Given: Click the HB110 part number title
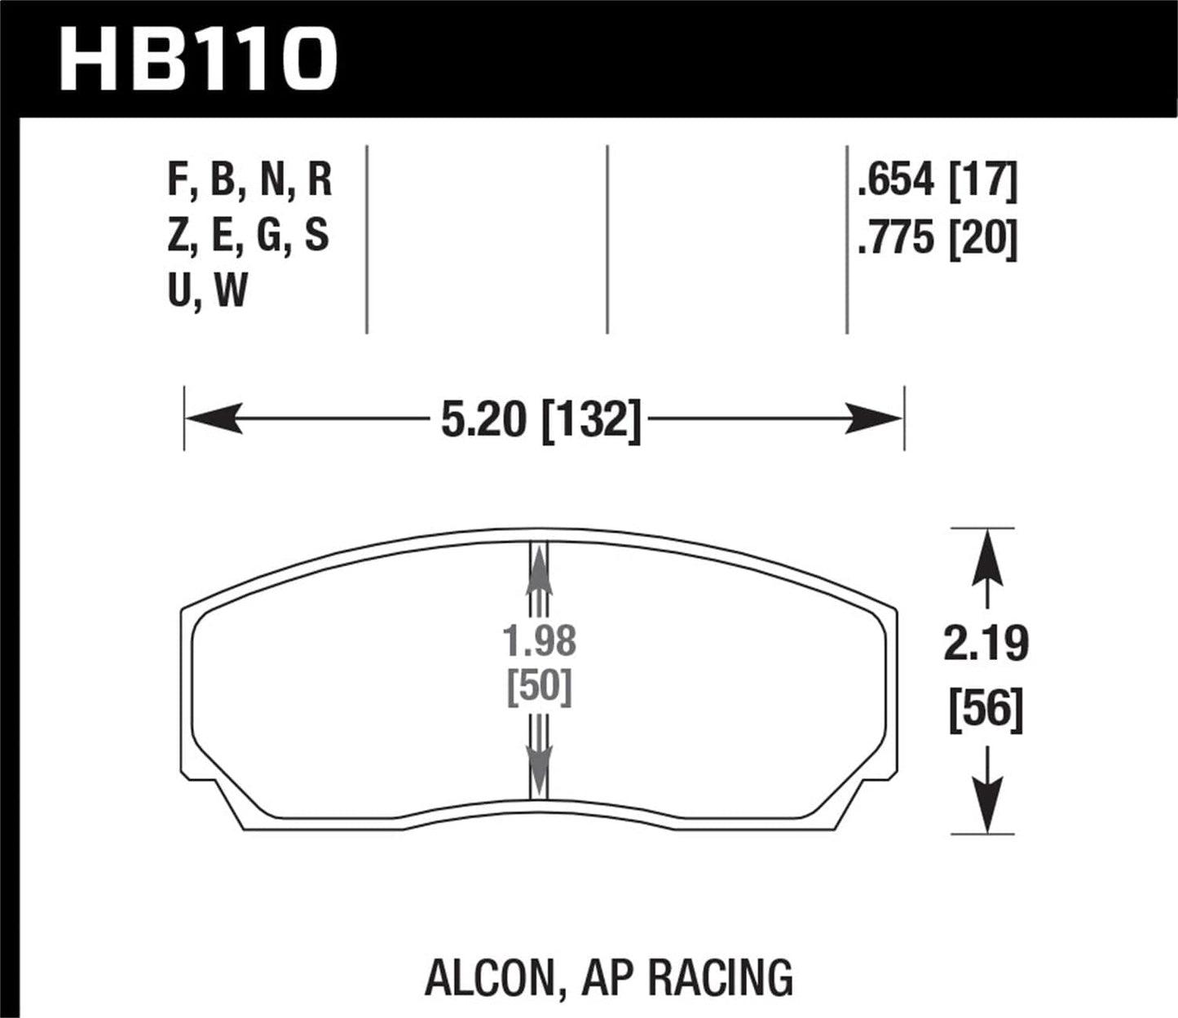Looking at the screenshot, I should (x=198, y=59).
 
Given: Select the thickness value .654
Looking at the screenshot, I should (x=895, y=180).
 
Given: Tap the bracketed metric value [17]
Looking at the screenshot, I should (x=984, y=180).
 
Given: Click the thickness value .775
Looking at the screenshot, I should (x=895, y=239).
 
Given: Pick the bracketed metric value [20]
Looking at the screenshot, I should (x=984, y=239).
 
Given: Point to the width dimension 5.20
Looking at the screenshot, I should (x=486, y=419).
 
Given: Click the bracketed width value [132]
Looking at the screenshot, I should (x=591, y=419).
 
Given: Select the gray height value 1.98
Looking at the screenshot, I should (x=540, y=641).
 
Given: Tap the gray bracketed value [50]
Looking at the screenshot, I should (x=540, y=687).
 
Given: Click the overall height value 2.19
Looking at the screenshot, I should (x=986, y=644).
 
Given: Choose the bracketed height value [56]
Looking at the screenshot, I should (x=986, y=710).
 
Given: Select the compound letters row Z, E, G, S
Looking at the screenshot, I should (x=249, y=236).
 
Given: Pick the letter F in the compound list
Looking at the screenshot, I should (x=177, y=180).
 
